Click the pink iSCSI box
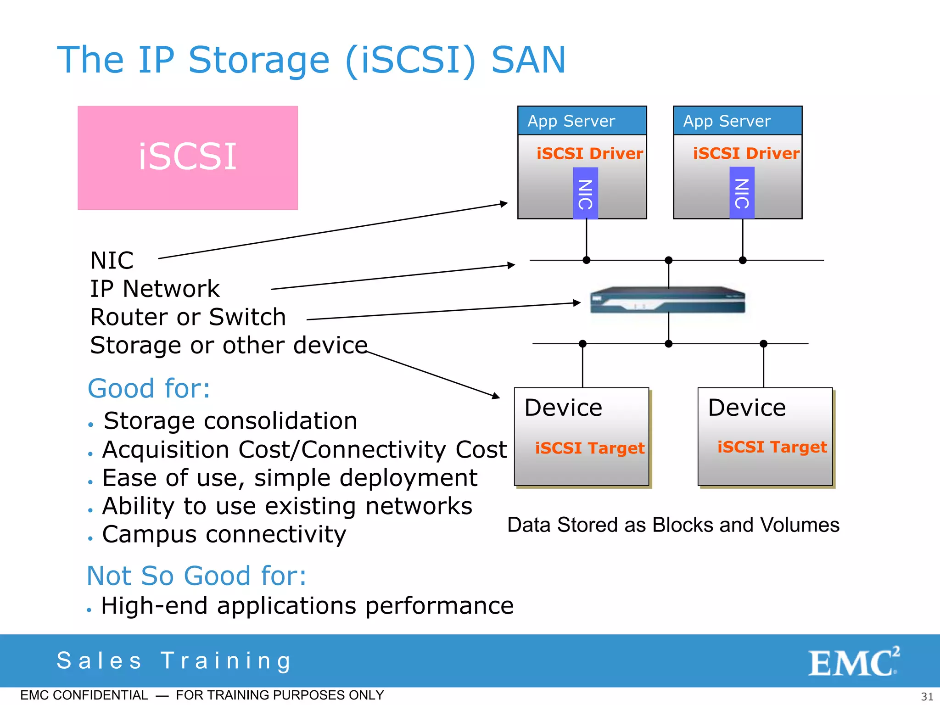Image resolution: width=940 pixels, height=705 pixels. coord(187,157)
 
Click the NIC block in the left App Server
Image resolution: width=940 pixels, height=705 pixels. coord(585,193)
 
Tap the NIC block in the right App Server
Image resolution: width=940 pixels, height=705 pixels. coord(742,193)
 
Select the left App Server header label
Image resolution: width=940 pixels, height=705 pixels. coord(571,121)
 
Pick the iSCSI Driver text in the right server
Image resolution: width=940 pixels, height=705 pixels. coord(746,153)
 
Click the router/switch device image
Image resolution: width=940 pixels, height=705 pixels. coord(667,301)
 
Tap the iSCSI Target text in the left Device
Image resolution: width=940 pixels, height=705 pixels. coord(590,448)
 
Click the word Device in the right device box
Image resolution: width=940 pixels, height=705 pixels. coord(747,408)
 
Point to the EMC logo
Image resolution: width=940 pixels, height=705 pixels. coord(853,662)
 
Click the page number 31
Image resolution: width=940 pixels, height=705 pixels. coord(927,697)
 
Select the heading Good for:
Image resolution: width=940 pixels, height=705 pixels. coord(149,389)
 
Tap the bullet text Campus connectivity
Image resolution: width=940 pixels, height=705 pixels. coord(224,535)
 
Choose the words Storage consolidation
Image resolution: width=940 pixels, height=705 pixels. coord(230,421)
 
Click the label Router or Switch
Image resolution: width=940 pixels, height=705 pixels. coord(188,317)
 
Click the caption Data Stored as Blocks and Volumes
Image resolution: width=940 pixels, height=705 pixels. coord(673,525)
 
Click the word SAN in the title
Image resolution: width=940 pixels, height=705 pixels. coord(528,60)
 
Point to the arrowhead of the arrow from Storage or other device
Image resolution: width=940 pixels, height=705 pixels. coord(497,396)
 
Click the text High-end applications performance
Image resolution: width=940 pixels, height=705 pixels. coord(307,606)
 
